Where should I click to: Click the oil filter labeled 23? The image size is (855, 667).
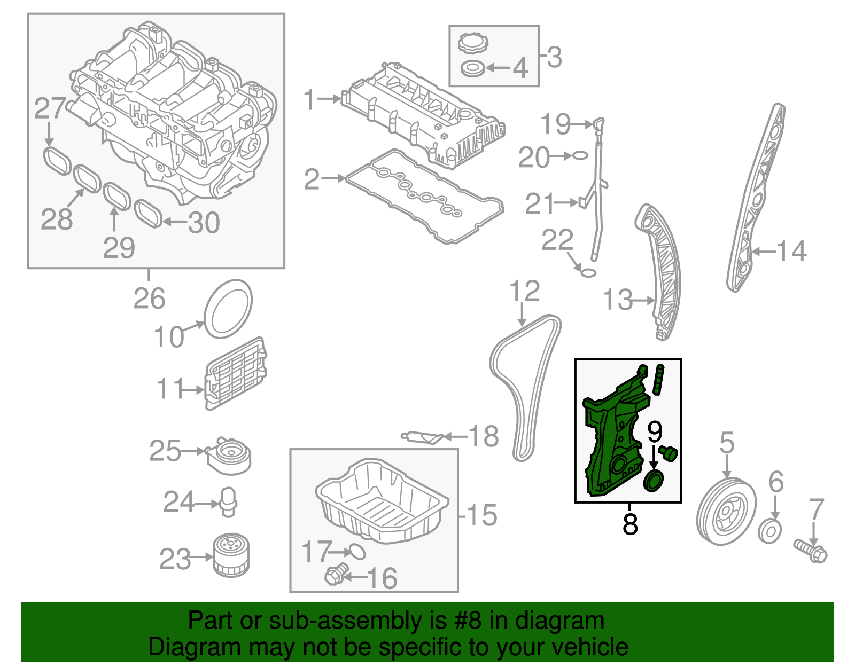coord(231,556)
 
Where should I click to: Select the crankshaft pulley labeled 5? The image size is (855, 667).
coord(726,511)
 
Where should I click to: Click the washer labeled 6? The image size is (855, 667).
coord(770,531)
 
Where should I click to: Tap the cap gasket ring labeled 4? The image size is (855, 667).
coord(473,69)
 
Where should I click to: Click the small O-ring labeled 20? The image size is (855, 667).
coord(580,155)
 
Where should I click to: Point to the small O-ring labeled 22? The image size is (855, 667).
coord(588,273)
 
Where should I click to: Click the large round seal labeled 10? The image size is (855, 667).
coord(228,309)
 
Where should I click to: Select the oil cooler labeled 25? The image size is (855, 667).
coord(229,455)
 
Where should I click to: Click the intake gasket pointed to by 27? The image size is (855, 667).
coord(57,161)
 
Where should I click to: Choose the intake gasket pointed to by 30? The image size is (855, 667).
coord(148,214)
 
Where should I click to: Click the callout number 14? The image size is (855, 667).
coord(791,251)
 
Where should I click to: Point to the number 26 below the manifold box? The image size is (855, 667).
coord(149,299)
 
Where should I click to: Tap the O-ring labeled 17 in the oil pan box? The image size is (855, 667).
coord(357,551)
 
